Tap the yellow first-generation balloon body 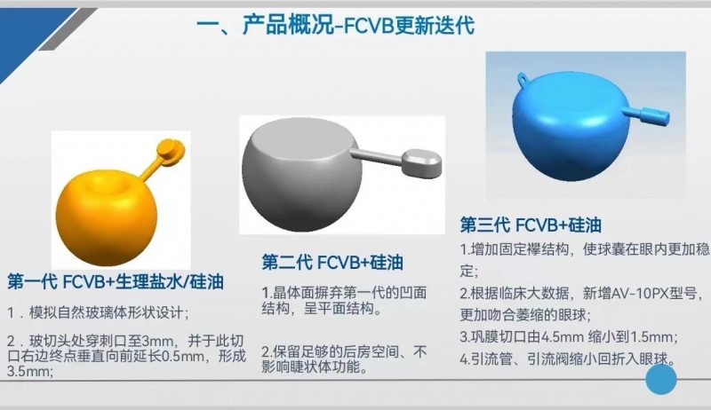(x=106, y=217)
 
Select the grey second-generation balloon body (x=302, y=176)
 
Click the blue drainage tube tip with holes (x=654, y=116)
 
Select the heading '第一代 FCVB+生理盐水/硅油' (x=116, y=282)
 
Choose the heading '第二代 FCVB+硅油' (x=332, y=263)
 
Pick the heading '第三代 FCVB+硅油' (x=531, y=225)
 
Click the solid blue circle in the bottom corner (x=661, y=379)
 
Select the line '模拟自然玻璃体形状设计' (x=105, y=312)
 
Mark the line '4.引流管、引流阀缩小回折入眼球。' (x=568, y=359)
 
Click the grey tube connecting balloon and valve (x=379, y=154)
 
